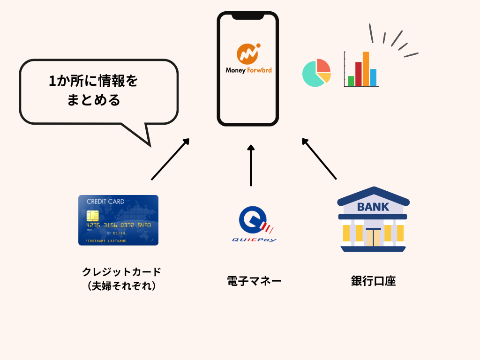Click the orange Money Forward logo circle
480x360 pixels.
coord(248,53)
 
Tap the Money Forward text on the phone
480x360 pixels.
coord(248,71)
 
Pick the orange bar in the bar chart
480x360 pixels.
coord(366,69)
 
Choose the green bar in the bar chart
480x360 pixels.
coord(351,81)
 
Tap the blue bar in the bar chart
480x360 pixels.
coord(373,77)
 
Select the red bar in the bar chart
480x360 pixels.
coord(358,74)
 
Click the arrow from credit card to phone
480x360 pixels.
coord(170,159)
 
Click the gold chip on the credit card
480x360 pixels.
coord(93,216)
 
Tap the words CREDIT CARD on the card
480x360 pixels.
coord(105,202)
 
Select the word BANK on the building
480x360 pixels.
coord(373,207)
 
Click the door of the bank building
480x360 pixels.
coord(374,237)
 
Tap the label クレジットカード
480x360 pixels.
coord(121,272)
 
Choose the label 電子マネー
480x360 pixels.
coord(254,281)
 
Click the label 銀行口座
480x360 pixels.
coord(373,281)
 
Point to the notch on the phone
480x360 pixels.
coord(247,16)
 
